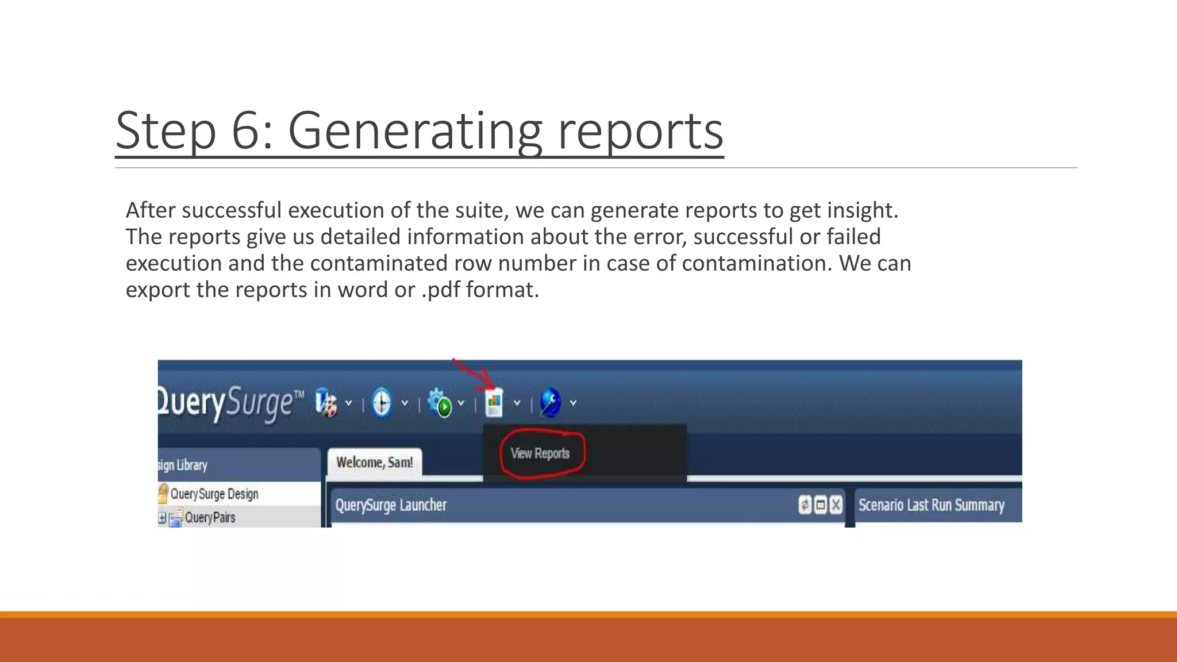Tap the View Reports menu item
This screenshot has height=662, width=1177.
click(540, 453)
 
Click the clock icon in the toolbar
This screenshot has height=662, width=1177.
click(381, 402)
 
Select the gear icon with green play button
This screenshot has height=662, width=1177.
click(441, 402)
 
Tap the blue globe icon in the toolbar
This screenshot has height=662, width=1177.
click(551, 402)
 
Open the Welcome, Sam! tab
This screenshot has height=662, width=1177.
click(374, 463)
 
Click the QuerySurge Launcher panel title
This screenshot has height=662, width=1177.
click(391, 505)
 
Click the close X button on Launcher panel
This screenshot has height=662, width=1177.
click(836, 505)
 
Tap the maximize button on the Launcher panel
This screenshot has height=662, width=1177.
click(821, 505)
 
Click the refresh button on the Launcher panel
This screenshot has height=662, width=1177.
click(805, 505)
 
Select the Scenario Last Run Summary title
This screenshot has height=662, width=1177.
click(931, 505)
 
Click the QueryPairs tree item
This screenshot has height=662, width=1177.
click(210, 518)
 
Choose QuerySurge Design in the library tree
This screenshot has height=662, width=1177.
click(214, 494)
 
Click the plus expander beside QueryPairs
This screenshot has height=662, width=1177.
click(162, 518)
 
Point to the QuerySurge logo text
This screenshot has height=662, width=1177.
click(230, 402)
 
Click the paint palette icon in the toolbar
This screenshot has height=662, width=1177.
click(326, 402)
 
